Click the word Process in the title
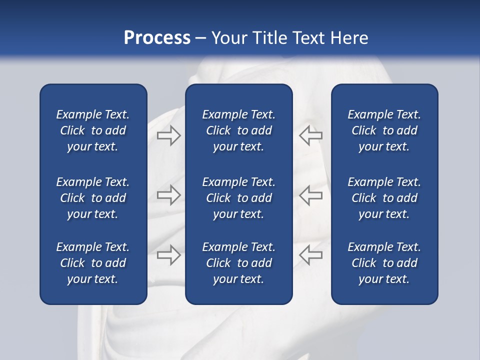click(x=157, y=38)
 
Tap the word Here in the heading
click(x=350, y=38)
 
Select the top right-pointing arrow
click(x=168, y=135)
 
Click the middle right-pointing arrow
click(x=168, y=195)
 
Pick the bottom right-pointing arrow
click(x=168, y=254)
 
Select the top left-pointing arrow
click(x=310, y=135)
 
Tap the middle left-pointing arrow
click(x=310, y=195)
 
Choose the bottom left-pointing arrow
click(x=310, y=254)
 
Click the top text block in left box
click(x=93, y=130)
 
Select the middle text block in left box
click(x=93, y=198)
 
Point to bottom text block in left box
click(x=93, y=263)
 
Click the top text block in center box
click(x=238, y=130)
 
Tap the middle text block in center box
click(x=238, y=198)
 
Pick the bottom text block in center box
click(x=238, y=263)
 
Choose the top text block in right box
click(x=384, y=130)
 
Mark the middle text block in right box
click(x=384, y=198)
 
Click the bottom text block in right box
click(x=384, y=263)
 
